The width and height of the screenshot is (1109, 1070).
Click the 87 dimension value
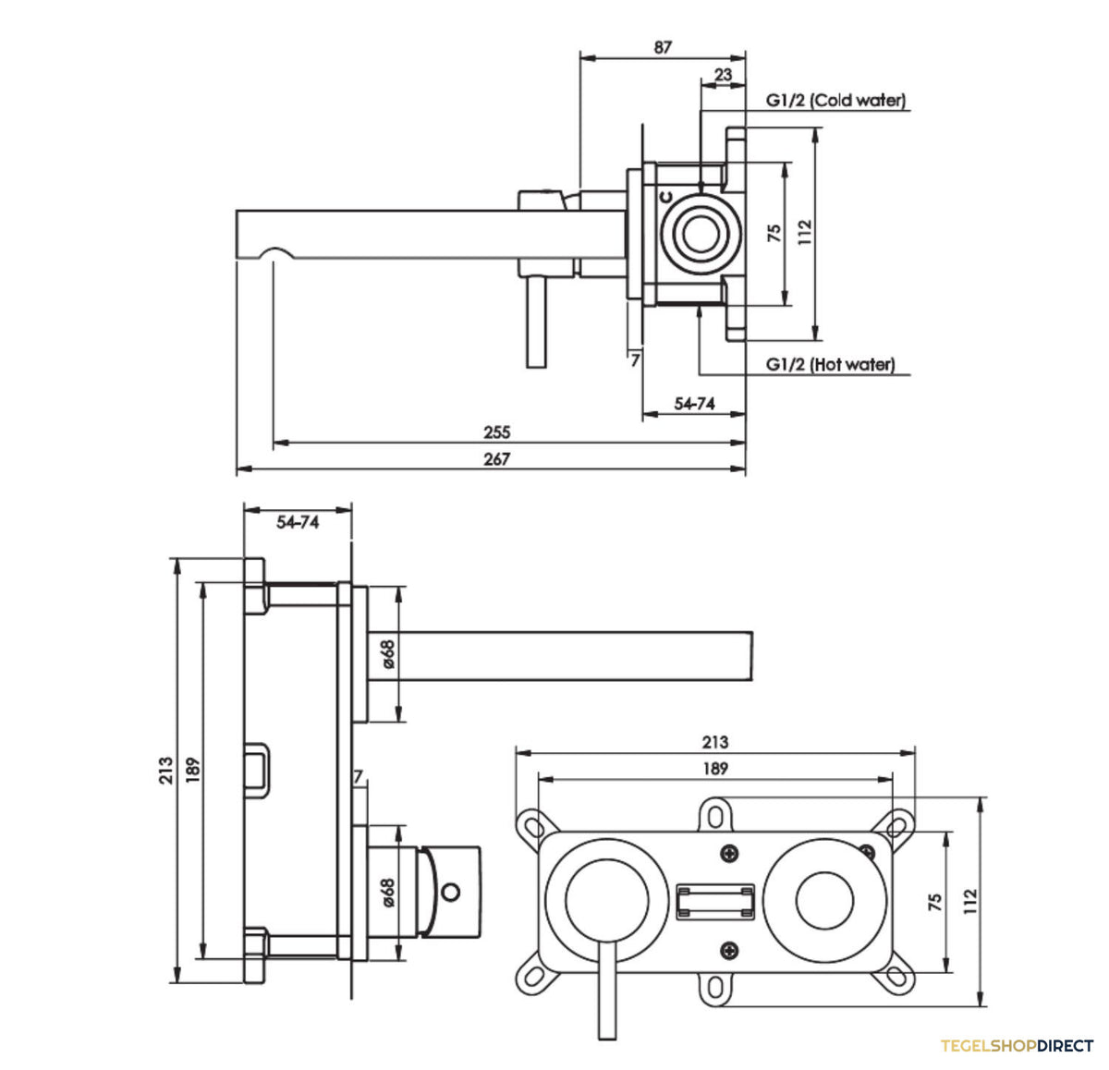[x=663, y=47]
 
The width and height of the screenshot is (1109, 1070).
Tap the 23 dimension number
[x=723, y=75]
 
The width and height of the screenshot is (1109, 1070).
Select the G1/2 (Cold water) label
[x=835, y=101]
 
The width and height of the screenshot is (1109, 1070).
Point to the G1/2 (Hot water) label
[x=830, y=364]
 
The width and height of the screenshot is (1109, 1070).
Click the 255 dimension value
[x=497, y=432]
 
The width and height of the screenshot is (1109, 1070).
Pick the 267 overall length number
[x=497, y=458]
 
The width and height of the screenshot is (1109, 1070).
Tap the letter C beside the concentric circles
[x=665, y=197]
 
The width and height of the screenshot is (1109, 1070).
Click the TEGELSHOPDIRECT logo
[x=1017, y=1045]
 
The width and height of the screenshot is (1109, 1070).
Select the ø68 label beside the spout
[x=388, y=654]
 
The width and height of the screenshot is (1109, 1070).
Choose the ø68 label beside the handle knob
[x=387, y=894]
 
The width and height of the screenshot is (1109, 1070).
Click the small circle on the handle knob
[x=451, y=892]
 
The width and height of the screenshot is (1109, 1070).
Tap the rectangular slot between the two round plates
[x=715, y=903]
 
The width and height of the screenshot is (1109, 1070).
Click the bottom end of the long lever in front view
[x=607, y=1038]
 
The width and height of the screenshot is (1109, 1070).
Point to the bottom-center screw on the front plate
[x=730, y=950]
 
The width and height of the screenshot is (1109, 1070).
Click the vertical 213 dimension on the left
[x=165, y=771]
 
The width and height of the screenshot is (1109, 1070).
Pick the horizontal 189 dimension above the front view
[x=715, y=769]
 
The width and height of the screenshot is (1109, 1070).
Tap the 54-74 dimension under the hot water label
[x=694, y=404]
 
